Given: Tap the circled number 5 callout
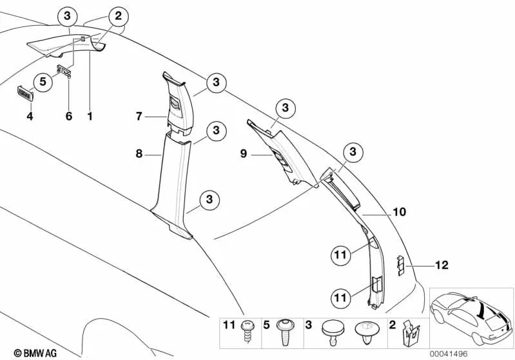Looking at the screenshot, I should click(x=43, y=82).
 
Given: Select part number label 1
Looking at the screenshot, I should click(x=90, y=117).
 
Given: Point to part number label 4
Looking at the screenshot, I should click(x=29, y=117).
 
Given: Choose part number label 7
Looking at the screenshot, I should click(x=139, y=117).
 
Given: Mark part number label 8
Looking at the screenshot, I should click(x=139, y=155).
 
